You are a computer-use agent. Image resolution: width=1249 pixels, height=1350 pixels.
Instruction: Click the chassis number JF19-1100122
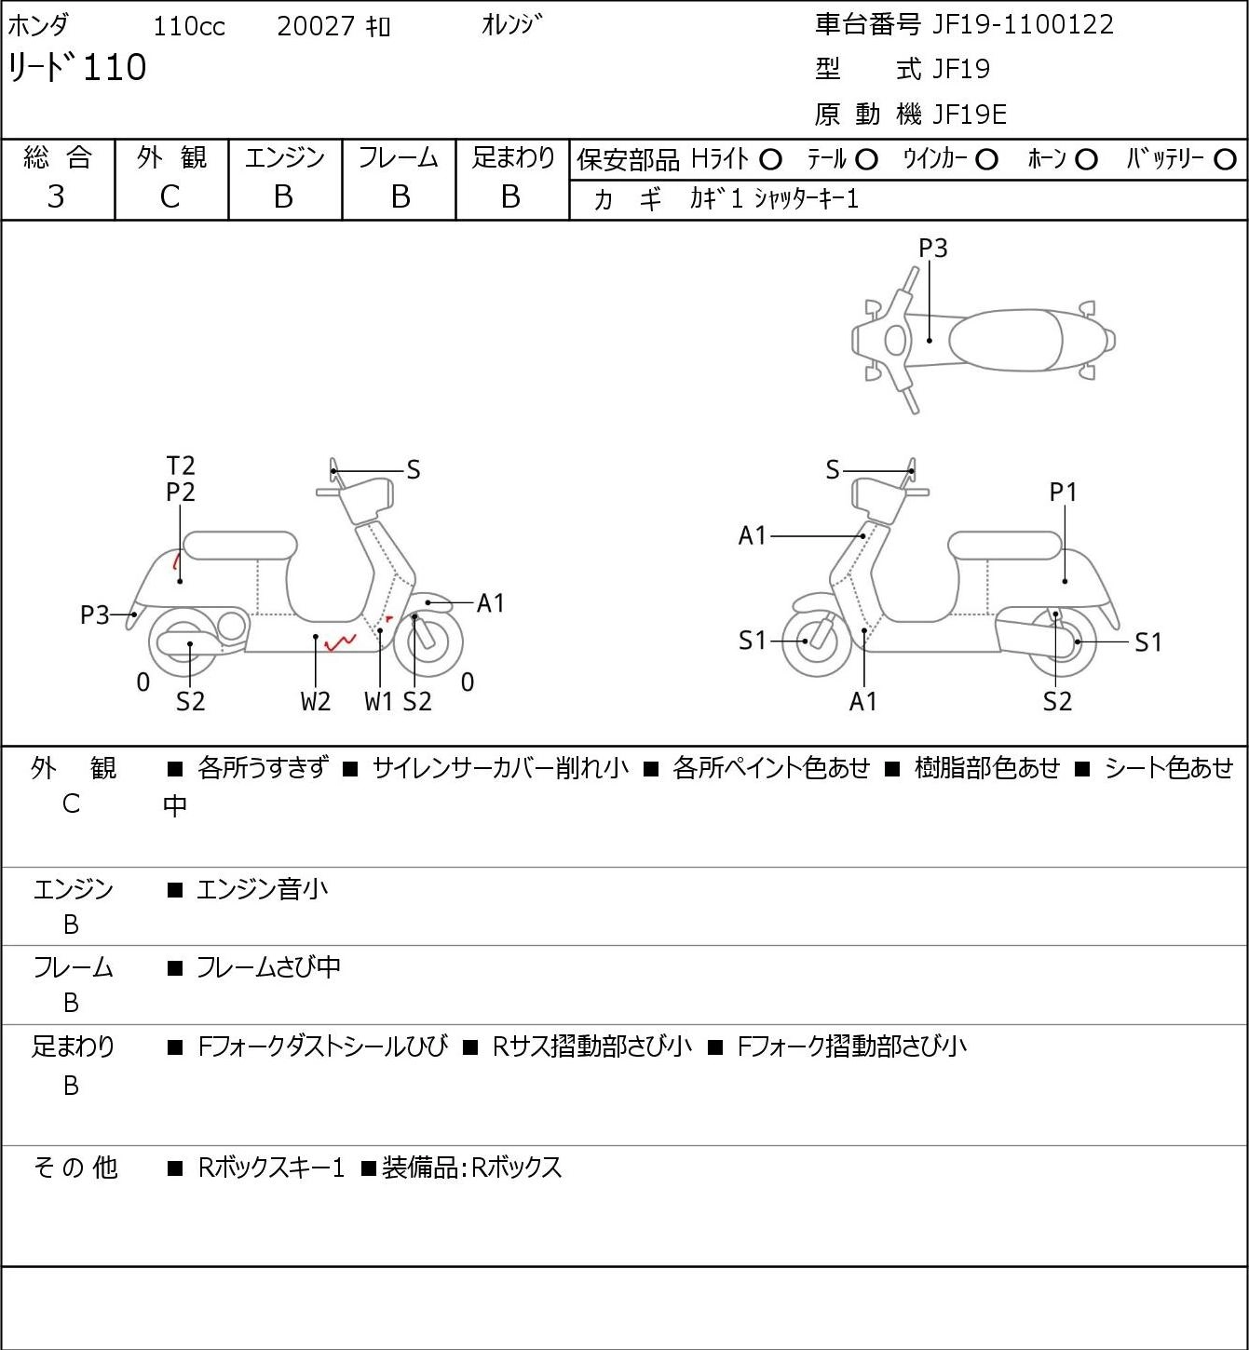pos(1023,25)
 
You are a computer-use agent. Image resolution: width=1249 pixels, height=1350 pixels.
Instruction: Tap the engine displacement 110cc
pos(188,26)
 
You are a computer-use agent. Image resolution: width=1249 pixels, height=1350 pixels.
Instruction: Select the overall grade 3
pos(56,197)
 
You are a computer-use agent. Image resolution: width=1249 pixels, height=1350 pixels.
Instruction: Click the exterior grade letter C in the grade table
pos(170,197)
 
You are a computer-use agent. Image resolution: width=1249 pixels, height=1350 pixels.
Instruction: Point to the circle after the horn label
pos(1086,160)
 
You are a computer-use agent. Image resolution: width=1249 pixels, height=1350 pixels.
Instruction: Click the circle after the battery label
pos(1225,160)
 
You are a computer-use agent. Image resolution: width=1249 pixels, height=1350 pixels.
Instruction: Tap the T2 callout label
pos(181,466)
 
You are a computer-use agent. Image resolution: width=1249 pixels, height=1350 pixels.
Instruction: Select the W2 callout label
pos(316,701)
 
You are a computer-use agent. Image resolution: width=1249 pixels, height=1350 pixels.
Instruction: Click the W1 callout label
pos(379,701)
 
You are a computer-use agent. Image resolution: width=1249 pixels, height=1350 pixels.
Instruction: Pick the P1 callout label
pos(1064,493)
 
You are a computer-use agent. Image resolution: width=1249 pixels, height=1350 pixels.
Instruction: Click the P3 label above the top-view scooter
pos(932,248)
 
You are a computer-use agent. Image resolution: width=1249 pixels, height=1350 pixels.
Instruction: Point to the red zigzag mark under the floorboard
pos(340,642)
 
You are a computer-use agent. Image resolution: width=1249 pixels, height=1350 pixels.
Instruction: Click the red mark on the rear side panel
pos(176,561)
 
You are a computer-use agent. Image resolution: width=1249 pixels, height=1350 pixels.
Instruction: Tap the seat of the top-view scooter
pos(1005,340)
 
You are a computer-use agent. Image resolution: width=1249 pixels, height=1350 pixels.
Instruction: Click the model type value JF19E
pos(970,115)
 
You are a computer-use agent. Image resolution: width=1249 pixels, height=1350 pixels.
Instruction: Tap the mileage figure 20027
pos(316,26)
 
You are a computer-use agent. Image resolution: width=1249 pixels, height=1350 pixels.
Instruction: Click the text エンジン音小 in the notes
pos(262,889)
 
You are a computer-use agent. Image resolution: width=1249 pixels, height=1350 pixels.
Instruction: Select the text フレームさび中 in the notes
pos(268,967)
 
